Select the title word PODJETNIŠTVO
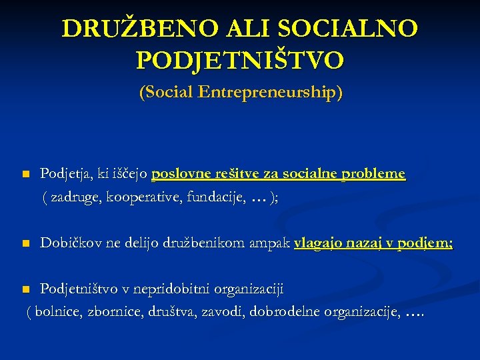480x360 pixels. [240, 61]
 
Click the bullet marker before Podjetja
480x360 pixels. [25, 175]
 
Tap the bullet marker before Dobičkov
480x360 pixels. [25, 245]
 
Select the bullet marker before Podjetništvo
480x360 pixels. [25, 289]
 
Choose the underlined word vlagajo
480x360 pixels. [318, 244]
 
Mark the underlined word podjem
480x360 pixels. [425, 244]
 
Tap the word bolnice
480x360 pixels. [61, 311]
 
